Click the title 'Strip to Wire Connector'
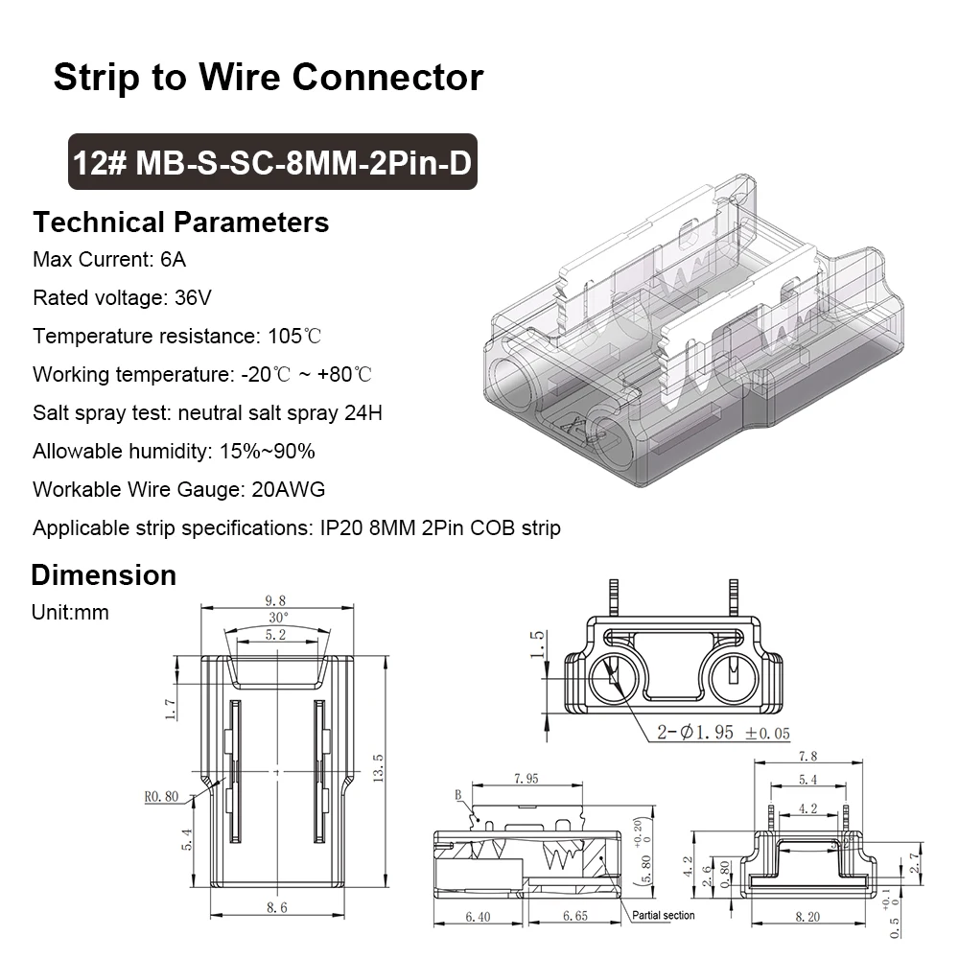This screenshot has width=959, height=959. click(268, 77)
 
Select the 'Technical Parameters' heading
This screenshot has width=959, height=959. click(180, 222)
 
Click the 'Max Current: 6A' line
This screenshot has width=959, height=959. click(109, 260)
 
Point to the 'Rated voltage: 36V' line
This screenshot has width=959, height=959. click(122, 298)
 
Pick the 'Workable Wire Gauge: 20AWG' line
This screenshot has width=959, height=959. click(178, 489)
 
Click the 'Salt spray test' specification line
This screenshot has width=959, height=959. click(207, 413)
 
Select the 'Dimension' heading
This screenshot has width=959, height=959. click(104, 575)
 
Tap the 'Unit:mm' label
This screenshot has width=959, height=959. click(70, 612)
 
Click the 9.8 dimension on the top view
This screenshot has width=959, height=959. click(276, 601)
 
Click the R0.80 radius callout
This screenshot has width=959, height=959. click(162, 795)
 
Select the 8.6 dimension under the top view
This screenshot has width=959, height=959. click(276, 906)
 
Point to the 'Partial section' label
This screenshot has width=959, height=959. click(663, 915)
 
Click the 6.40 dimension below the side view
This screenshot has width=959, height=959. click(477, 917)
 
